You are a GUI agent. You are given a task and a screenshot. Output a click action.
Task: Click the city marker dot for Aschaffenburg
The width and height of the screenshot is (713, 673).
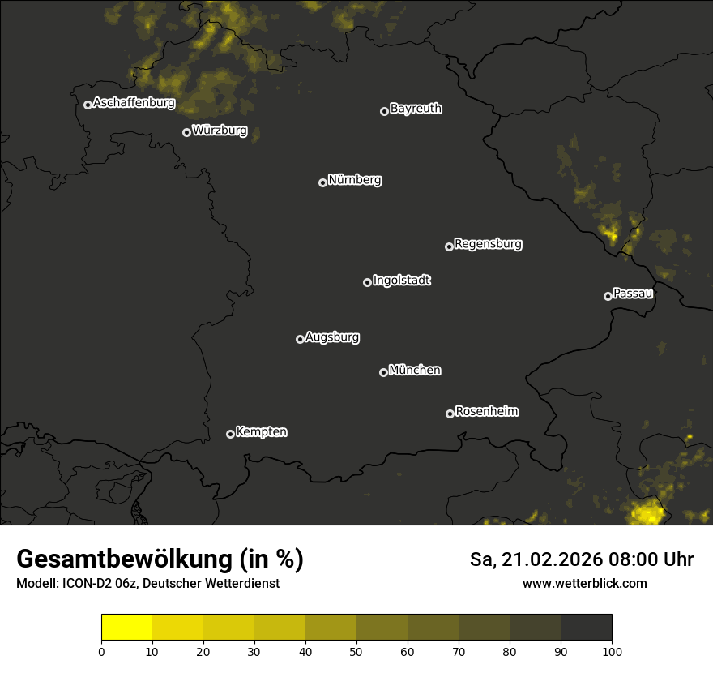[x=88, y=105]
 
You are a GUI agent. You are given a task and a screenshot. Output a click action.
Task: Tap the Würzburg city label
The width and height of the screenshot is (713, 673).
[x=220, y=130]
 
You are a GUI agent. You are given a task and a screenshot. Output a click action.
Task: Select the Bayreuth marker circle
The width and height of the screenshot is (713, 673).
[x=384, y=111]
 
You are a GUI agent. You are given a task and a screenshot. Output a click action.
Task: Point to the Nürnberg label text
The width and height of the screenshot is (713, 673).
[x=354, y=180]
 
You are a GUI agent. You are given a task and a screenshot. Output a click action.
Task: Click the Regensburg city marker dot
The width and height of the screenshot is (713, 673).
[x=449, y=246]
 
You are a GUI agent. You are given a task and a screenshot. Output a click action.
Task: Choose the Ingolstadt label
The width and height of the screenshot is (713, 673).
[x=401, y=281]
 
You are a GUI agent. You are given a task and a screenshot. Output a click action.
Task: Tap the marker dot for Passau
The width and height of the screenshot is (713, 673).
[x=608, y=296]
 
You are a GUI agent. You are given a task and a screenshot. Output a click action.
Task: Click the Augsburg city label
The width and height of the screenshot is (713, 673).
[x=332, y=337]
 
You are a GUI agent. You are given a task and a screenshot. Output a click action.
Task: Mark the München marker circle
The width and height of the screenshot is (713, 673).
[x=383, y=372]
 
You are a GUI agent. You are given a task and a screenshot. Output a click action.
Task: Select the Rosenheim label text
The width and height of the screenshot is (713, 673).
[x=486, y=411]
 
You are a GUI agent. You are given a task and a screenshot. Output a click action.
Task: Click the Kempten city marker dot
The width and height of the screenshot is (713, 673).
[x=230, y=434]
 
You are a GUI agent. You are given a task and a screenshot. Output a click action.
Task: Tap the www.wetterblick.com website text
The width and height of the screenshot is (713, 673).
[x=584, y=583]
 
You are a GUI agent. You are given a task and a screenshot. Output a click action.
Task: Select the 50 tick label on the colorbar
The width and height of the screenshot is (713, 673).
[x=356, y=650]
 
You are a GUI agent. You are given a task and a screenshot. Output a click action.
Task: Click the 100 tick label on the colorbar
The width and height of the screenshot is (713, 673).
[x=612, y=650]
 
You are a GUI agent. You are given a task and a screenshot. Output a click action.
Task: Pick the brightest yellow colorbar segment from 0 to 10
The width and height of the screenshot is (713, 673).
[x=127, y=628]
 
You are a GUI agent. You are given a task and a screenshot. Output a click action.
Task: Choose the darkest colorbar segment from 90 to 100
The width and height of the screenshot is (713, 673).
[x=586, y=628]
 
